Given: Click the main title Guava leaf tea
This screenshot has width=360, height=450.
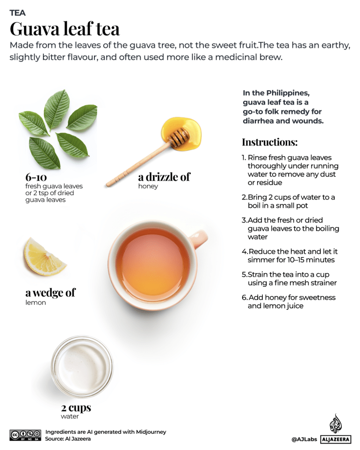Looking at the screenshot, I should click(x=65, y=29).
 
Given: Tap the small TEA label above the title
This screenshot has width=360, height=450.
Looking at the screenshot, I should click(x=17, y=13).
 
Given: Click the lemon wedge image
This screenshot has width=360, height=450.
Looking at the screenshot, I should click(x=44, y=256).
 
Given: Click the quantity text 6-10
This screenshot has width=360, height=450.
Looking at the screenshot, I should click(x=38, y=177).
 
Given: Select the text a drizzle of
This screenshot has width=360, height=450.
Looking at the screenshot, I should click(x=164, y=176).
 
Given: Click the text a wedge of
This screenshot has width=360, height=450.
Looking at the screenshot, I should click(x=50, y=293).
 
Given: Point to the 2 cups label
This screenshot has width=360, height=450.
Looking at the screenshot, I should click(x=76, y=407).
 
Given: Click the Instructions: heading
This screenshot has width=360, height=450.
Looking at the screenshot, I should click(x=269, y=142).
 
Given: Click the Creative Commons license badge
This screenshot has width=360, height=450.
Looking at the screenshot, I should click(x=25, y=435).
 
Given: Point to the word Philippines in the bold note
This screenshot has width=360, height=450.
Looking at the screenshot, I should click(x=284, y=93).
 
